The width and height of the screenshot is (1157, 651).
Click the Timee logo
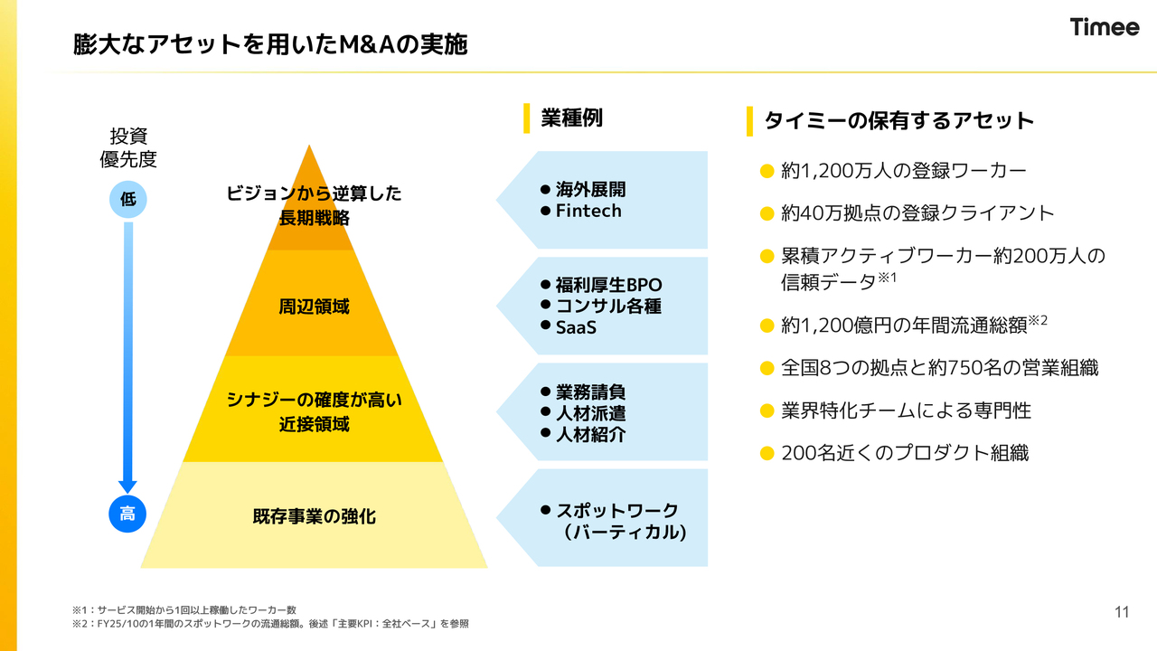[1105, 27]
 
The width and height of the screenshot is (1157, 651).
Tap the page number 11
[1122, 612]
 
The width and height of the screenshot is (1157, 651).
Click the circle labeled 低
[127, 199]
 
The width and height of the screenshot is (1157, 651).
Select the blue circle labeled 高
[127, 514]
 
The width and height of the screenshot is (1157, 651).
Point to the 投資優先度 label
[127, 147]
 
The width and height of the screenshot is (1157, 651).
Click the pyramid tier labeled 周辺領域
[313, 307]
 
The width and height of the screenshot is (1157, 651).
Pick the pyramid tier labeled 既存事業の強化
[314, 516]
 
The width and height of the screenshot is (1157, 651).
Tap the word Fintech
[588, 211]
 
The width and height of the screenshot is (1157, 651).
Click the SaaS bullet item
[576, 327]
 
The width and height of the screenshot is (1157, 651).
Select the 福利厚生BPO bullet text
[608, 286]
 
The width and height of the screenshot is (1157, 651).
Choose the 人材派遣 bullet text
[590, 413]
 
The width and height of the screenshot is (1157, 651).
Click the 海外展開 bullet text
[590, 190]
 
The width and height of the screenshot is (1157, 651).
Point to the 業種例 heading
[571, 118]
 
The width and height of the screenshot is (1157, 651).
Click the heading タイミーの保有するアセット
[898, 120]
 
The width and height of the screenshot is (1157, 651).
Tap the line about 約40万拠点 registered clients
[917, 213]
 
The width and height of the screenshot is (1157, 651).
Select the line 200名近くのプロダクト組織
[904, 453]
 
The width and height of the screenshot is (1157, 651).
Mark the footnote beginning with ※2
[270, 624]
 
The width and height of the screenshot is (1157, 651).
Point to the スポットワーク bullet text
[616, 510]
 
